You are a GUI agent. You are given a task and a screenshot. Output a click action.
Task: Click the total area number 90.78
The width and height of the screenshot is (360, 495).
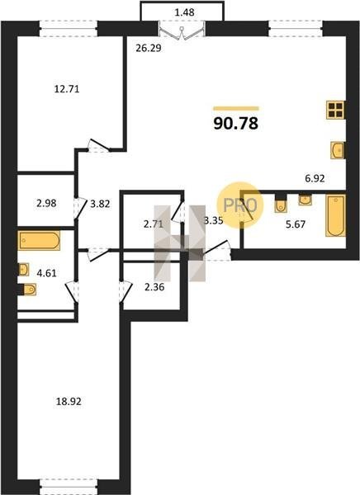point(236,123)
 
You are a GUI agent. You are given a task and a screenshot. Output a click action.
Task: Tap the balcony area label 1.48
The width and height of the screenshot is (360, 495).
point(184,12)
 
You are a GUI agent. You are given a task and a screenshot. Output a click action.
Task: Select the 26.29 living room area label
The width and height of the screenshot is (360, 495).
point(149,48)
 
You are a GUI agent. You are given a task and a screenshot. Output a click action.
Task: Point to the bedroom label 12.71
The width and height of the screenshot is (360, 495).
point(67,89)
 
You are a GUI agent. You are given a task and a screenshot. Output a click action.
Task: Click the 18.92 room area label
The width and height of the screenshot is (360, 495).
point(69,402)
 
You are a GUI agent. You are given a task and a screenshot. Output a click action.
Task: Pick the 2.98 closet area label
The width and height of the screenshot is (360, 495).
point(46,203)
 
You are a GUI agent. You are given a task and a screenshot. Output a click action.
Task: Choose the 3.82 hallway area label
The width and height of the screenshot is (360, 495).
point(100,204)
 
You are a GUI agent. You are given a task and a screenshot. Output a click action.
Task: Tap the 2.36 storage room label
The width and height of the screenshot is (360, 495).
point(154,287)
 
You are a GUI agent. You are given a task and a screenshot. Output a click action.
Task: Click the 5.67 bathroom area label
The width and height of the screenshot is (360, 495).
point(296,224)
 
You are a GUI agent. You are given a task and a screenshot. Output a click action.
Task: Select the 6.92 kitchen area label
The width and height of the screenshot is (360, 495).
point(315,179)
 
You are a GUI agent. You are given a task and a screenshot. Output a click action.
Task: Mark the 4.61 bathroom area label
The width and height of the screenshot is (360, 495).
point(46,273)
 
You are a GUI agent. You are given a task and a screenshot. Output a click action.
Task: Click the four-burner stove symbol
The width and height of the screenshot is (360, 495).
point(336,111)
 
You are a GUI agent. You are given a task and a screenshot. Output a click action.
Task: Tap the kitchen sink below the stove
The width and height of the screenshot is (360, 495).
point(338,150)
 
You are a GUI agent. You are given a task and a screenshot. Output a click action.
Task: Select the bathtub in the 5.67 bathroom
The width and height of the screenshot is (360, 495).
point(336,215)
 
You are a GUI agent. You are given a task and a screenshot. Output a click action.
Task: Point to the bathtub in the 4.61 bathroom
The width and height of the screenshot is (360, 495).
point(39,241)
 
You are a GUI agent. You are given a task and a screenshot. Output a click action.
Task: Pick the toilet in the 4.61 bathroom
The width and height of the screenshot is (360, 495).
point(27,290)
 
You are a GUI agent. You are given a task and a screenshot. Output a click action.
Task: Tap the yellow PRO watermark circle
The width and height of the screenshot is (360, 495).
point(240,205)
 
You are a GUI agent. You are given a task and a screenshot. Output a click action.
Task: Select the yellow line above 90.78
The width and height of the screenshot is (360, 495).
point(236,109)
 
